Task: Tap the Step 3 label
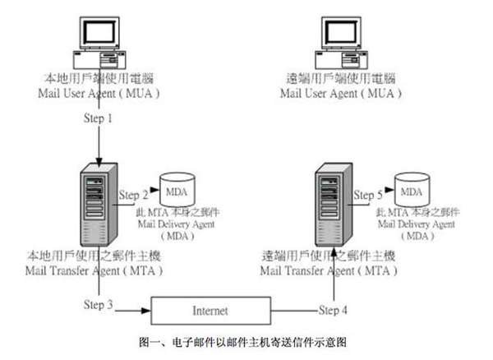click(x=99, y=306)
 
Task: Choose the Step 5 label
click(x=367, y=196)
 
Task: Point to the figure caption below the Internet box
click(x=246, y=339)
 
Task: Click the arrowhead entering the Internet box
click(x=147, y=312)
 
